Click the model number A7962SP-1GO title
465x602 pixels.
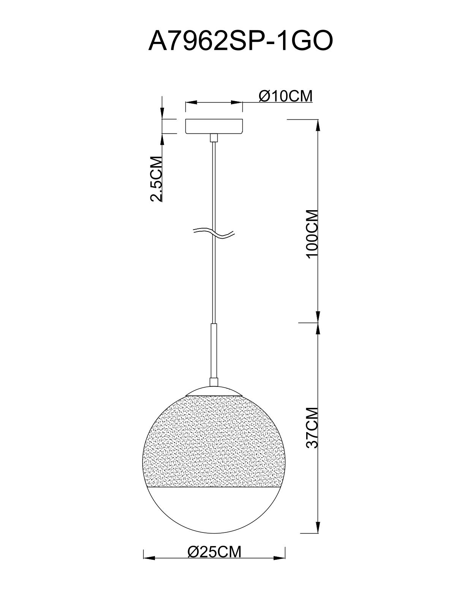(x=240, y=41)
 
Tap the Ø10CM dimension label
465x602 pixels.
(x=286, y=96)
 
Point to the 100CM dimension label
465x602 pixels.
(x=312, y=234)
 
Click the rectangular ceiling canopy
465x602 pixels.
(x=214, y=127)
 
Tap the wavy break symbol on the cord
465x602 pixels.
(x=214, y=233)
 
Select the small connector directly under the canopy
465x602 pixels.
(x=214, y=138)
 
